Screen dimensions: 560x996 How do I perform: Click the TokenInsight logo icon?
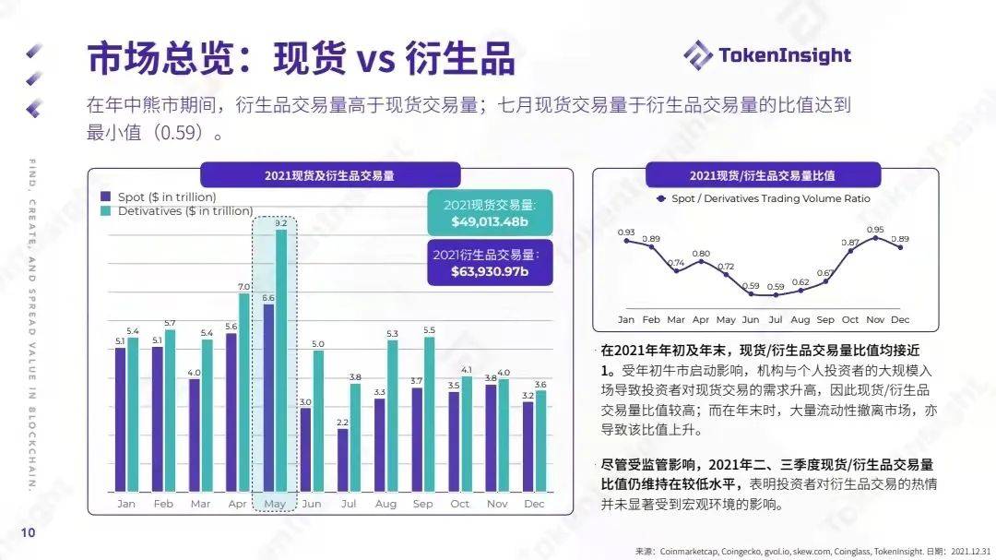pos(698,54)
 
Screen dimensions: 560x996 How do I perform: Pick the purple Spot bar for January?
pos(120,419)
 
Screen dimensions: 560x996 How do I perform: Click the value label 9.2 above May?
pos(281,223)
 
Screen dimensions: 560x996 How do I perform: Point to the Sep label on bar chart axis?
pos(422,504)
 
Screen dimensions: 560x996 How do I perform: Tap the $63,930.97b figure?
pos(490,271)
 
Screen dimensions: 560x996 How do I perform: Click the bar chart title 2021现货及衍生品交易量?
pos(329,174)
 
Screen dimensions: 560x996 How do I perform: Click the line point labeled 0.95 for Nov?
pos(875,237)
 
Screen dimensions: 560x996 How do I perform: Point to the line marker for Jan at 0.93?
pos(626,241)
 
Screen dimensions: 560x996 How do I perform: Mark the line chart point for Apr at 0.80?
pos(701,261)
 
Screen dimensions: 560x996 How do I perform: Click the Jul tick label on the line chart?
pos(776,319)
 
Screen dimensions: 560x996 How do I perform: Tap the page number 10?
pos(28,532)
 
